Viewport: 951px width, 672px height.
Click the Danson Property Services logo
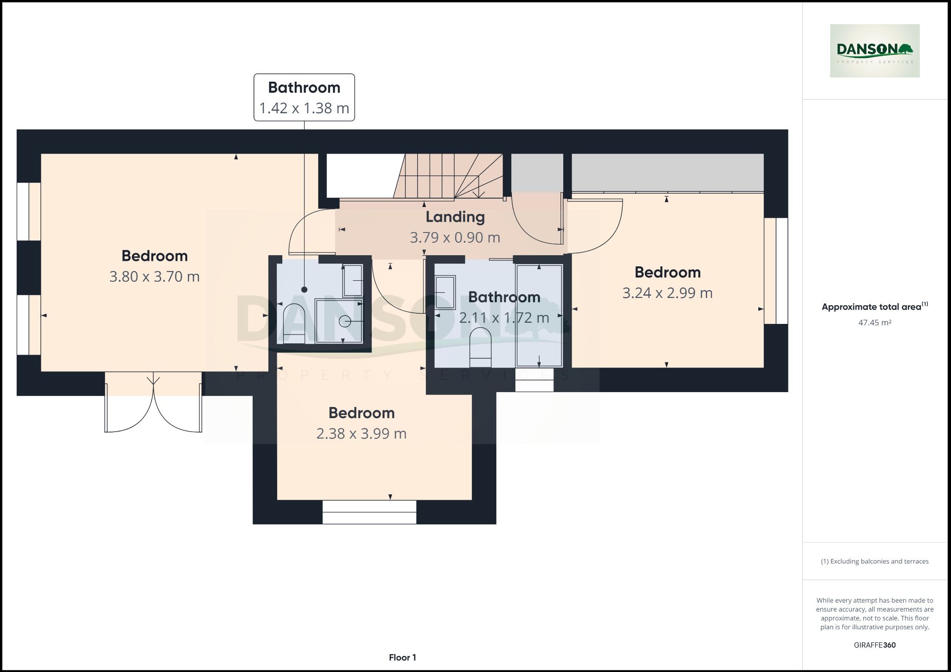click(x=874, y=51)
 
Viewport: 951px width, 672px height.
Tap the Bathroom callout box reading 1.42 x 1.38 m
click(x=304, y=97)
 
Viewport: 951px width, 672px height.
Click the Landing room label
click(x=455, y=217)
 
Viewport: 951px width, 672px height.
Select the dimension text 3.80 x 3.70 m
click(x=154, y=277)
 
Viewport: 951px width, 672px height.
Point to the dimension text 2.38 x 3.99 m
click(x=361, y=433)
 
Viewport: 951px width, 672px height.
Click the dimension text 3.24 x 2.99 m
click(x=667, y=293)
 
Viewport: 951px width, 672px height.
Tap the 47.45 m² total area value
click(x=874, y=323)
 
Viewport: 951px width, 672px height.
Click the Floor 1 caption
click(x=402, y=657)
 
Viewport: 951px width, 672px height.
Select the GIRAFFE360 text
click(x=874, y=645)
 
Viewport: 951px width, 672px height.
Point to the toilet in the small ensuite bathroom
click(x=293, y=323)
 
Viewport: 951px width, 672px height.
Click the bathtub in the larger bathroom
click(x=539, y=316)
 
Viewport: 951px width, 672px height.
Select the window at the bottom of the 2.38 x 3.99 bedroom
click(x=369, y=512)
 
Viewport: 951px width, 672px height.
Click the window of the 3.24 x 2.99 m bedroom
click(x=776, y=271)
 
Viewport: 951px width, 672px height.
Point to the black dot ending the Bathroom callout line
click(x=304, y=290)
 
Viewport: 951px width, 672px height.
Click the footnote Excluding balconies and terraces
click(x=874, y=561)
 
